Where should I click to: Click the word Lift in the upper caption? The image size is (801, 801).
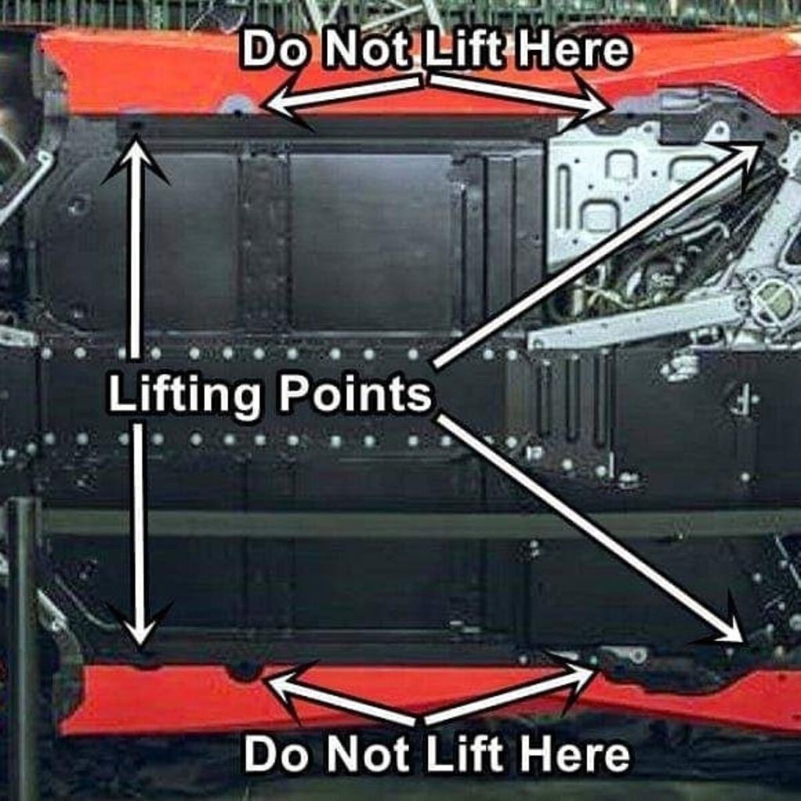point(468,51)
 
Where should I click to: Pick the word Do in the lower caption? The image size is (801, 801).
point(278,755)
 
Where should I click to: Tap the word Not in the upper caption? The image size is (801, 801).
point(372,51)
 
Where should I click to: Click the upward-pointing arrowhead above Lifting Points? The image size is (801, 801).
point(136,156)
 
